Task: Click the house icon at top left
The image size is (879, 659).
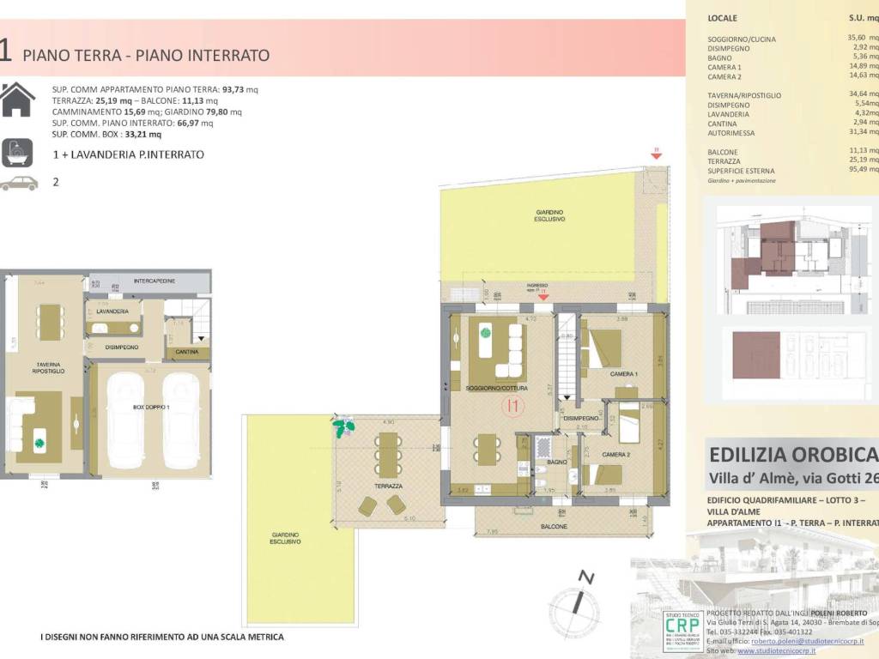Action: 18,99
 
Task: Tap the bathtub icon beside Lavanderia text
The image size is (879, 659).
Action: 18,153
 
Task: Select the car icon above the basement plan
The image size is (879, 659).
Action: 19,183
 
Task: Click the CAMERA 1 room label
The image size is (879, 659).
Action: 624,375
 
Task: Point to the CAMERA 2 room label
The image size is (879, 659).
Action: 616,454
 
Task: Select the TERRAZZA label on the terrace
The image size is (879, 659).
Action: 389,486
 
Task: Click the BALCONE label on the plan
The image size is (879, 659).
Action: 554,526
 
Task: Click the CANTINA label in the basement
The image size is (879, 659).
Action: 187,352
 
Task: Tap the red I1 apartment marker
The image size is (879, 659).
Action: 514,404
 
